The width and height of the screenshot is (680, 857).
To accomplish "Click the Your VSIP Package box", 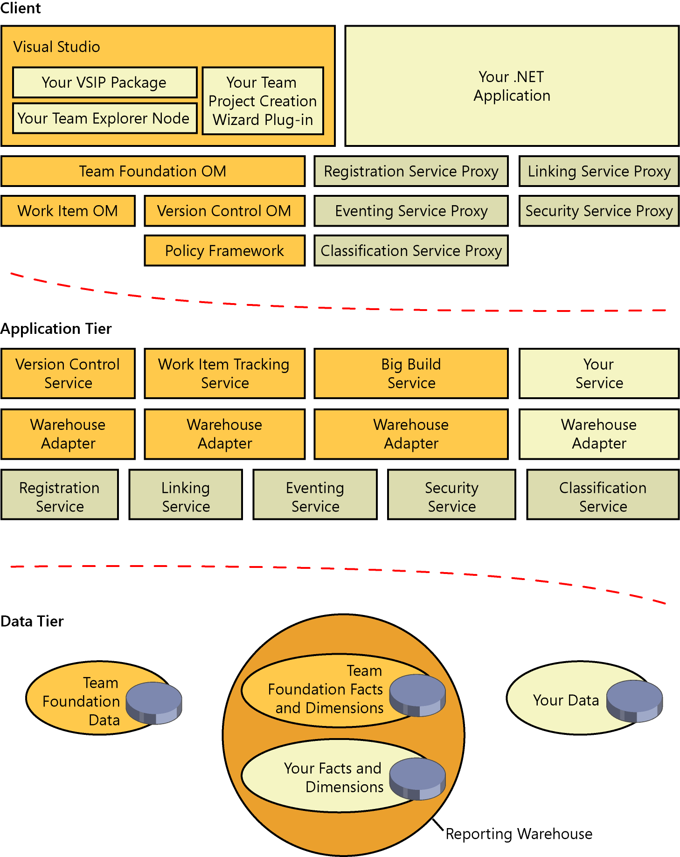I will (x=104, y=83).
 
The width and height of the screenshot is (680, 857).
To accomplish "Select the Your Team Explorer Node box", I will (x=104, y=118).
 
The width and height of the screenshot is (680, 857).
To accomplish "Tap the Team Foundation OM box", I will (x=153, y=172).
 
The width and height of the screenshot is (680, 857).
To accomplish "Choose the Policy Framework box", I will (x=224, y=251).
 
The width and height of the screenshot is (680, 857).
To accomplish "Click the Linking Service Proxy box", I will (x=599, y=172).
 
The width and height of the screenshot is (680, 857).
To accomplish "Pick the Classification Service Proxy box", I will (x=411, y=251).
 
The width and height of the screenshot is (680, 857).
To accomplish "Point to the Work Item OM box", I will (x=68, y=211).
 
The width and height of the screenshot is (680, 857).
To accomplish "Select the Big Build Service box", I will (x=411, y=373).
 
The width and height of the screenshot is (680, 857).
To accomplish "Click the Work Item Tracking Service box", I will (x=224, y=373).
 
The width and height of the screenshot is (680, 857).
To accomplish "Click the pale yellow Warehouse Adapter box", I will (x=599, y=434).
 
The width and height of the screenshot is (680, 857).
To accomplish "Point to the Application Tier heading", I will (x=56, y=329).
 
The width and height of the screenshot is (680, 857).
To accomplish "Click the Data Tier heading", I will (x=32, y=621).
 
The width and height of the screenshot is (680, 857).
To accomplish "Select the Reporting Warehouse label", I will (x=519, y=834).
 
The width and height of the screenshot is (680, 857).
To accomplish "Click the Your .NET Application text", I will (x=512, y=86).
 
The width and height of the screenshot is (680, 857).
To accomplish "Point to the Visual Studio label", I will (x=56, y=47).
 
